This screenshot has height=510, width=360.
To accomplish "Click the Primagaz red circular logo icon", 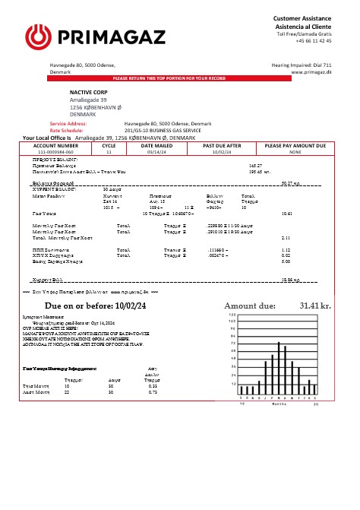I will (x=37, y=35).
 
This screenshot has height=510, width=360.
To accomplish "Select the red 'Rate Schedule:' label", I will (x=66, y=130).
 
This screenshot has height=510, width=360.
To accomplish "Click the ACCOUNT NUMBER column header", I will (x=56, y=144).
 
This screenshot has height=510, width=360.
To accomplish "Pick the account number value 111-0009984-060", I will (x=56, y=151).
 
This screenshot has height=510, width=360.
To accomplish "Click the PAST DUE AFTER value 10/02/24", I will (x=222, y=151).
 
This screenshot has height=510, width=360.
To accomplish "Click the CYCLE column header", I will (x=109, y=144).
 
